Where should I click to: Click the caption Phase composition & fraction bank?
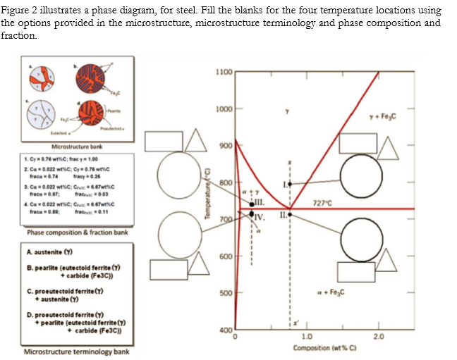coord(77,232)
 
